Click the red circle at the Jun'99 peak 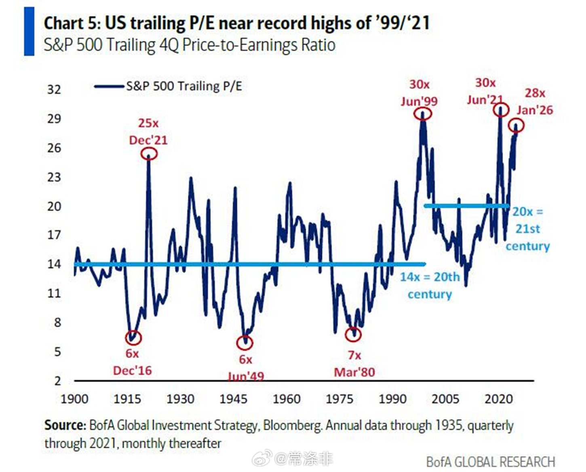pos(423,114)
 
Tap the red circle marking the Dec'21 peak pos(149,154)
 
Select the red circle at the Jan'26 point pos(516,126)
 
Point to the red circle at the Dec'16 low pos(133,337)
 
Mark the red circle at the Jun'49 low pos(245,343)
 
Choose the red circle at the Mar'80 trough pos(354,334)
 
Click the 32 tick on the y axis pos(54,89)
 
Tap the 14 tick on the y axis pos(54,264)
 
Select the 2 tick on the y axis pos(57,381)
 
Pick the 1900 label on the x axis pos(74,399)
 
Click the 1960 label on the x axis pos(287,399)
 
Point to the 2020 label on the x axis pos(499,399)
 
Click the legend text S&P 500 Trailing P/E pos(184,86)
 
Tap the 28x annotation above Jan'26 pos(535,93)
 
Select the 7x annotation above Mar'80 pos(354,355)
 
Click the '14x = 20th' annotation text pos(430,277)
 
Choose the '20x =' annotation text pos(528,212)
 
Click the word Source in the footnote pos(65,426)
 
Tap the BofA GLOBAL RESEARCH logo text pos(491,462)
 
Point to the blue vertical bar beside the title pos(29,31)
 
